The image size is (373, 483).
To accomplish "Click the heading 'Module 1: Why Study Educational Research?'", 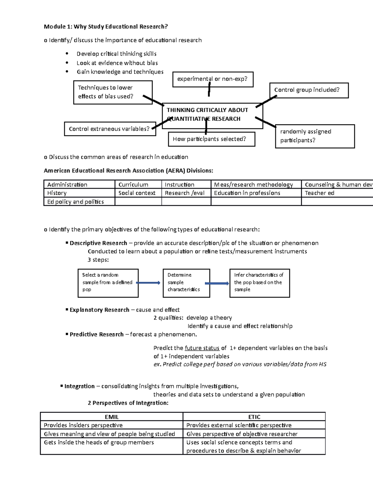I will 106,26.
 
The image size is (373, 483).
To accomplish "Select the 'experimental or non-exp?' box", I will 213,79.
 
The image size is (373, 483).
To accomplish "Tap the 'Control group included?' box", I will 309,90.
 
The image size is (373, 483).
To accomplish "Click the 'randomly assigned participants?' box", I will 315,136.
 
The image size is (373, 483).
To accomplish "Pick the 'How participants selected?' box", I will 211,139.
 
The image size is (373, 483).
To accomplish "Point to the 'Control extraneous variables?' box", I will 110,129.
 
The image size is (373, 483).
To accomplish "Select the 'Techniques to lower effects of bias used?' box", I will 113,92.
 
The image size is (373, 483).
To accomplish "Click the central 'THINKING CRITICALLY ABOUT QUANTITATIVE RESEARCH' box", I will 213,114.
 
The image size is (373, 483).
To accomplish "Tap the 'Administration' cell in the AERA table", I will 79,184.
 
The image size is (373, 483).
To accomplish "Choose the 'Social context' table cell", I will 138,193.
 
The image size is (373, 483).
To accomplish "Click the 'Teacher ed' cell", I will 337,193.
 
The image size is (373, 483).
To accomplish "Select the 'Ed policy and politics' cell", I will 79,202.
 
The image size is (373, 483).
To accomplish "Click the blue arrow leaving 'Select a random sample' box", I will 148,283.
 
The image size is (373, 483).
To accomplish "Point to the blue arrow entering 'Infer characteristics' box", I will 217,283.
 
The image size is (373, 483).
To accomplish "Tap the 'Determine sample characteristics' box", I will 186,282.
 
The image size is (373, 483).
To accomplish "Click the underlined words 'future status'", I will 202,348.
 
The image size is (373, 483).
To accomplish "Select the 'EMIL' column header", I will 112,417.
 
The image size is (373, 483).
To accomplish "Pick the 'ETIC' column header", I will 254,417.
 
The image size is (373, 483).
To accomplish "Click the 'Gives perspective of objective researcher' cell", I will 254,434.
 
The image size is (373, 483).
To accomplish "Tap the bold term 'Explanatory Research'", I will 99,310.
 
